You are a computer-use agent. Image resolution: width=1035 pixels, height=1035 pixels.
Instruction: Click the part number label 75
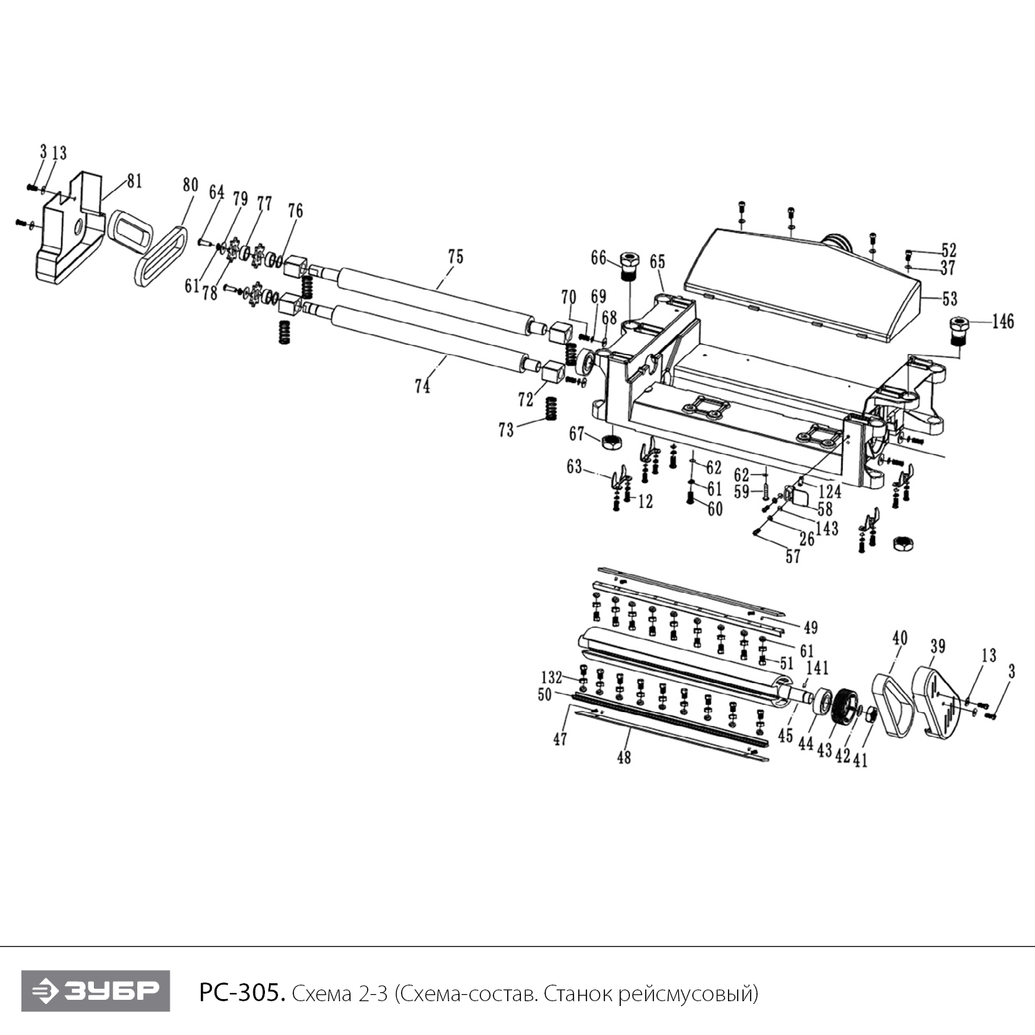(x=455, y=257)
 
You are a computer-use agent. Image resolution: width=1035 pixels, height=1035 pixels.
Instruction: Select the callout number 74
(x=422, y=386)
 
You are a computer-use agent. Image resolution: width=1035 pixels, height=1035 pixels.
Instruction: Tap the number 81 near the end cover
(x=134, y=181)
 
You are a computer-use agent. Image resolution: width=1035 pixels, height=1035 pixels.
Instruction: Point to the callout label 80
(x=190, y=185)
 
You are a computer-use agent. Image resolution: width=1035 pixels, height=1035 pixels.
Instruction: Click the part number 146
(x=1003, y=321)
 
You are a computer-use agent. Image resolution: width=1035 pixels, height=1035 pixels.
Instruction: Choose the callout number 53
(x=949, y=298)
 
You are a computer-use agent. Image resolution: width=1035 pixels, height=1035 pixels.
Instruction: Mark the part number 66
(x=598, y=258)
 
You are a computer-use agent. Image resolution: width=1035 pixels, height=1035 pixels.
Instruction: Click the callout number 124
(x=829, y=491)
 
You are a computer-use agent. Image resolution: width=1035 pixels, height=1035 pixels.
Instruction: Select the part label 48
(x=623, y=757)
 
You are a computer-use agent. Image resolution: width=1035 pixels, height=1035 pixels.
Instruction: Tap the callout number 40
(x=900, y=638)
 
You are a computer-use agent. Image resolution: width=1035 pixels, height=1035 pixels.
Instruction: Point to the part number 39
(x=937, y=647)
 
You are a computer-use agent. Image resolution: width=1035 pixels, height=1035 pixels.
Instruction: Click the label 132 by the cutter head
(x=551, y=677)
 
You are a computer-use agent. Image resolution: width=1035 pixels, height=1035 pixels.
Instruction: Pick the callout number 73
(x=506, y=430)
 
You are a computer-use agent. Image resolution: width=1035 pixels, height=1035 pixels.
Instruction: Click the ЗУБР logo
(x=95, y=991)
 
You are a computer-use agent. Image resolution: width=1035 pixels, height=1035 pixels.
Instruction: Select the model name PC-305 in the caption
(x=241, y=994)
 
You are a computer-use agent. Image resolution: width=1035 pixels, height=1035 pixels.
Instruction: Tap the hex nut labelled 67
(x=611, y=442)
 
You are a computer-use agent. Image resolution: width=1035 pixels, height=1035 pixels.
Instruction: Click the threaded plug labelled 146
(x=960, y=331)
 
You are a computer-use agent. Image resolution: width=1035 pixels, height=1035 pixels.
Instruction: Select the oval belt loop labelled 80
(x=161, y=255)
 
